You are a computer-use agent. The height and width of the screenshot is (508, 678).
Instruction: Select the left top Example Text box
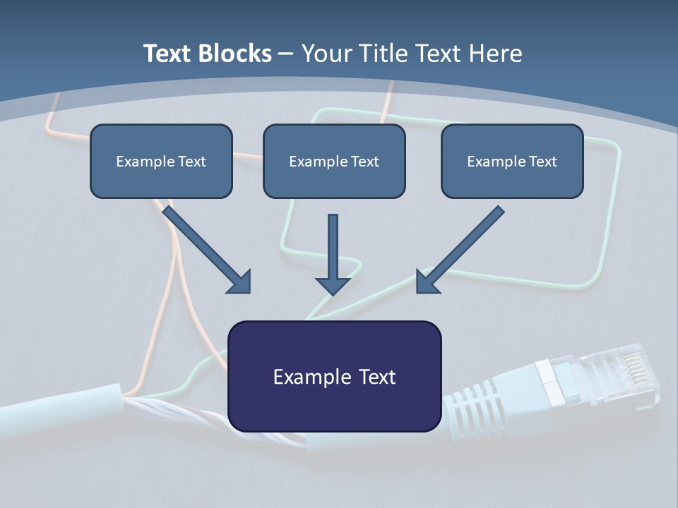pyautogui.click(x=161, y=161)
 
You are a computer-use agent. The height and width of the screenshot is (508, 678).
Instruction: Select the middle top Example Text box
pyautogui.click(x=334, y=161)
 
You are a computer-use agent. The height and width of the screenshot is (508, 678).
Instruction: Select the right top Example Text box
pyautogui.click(x=512, y=161)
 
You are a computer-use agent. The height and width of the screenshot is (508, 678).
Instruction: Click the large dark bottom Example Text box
pyautogui.click(x=334, y=376)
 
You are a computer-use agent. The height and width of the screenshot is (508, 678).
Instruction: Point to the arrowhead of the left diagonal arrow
pyautogui.click(x=241, y=282)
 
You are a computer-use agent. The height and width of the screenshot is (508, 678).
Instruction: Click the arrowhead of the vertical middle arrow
pyautogui.click(x=333, y=285)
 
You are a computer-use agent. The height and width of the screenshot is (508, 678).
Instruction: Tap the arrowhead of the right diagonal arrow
pyautogui.click(x=427, y=282)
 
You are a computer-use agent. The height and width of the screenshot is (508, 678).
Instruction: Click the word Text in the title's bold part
pyautogui.click(x=167, y=54)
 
